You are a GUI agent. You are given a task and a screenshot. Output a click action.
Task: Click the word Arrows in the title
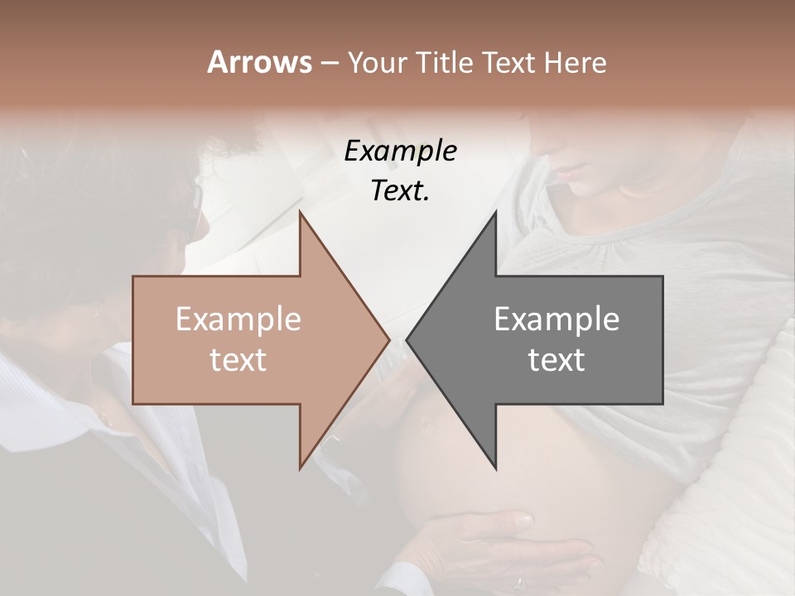tap(259, 62)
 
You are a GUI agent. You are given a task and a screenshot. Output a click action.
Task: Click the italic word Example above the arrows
tap(400, 151)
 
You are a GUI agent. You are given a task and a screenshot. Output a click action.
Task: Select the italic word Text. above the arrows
tap(400, 190)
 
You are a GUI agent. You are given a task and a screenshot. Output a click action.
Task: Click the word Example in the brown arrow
tap(238, 320)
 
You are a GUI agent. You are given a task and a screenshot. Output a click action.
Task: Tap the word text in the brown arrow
tap(238, 360)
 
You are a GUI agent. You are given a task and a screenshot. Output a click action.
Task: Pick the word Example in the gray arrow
tap(556, 320)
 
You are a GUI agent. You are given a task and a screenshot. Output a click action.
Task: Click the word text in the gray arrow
tap(556, 360)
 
